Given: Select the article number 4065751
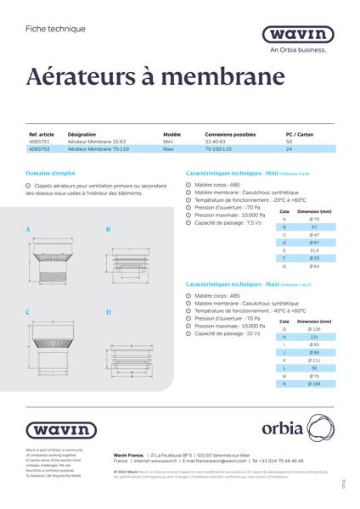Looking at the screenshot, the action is click(x=41, y=142).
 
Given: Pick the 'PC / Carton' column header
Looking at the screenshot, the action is click(x=301, y=135).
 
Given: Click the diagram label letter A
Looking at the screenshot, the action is click(x=28, y=230).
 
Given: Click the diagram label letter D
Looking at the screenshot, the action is click(x=109, y=313).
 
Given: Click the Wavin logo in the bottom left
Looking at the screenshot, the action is click(x=55, y=430).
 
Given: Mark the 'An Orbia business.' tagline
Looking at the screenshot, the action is click(x=297, y=50).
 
